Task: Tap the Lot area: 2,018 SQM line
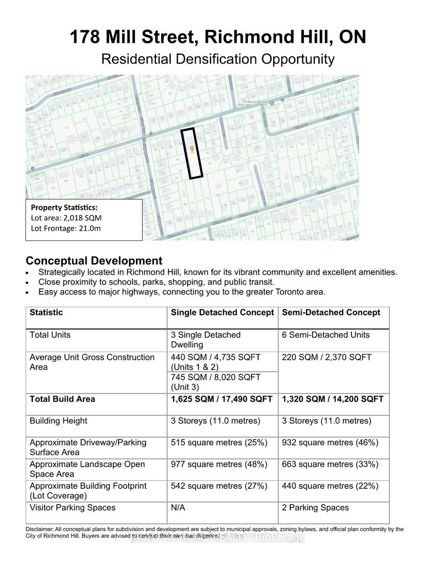(66, 218)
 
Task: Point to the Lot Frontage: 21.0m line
(66, 228)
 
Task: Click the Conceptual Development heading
(94, 261)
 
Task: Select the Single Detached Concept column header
(222, 313)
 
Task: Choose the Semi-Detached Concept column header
(331, 313)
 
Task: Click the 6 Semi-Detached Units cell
(325, 335)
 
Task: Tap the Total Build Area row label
(62, 399)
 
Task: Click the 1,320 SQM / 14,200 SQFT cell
(333, 399)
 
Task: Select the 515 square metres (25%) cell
(219, 443)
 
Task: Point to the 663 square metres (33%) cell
(330, 464)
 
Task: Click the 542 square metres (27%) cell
(219, 486)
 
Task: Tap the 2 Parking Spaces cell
(315, 508)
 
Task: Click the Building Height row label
(58, 421)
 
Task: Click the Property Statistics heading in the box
(64, 208)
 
